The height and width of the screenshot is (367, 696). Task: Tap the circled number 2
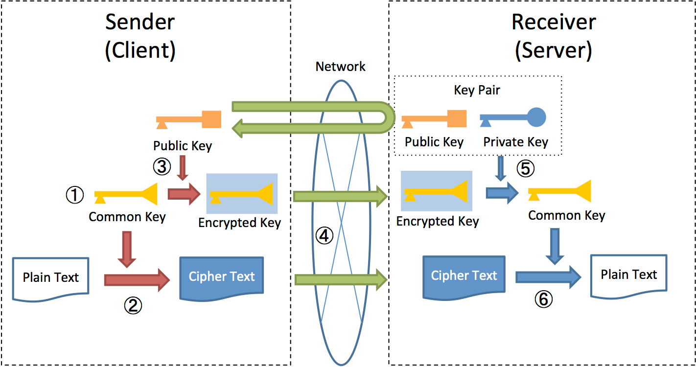132,305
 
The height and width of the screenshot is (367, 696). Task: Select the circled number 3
162,167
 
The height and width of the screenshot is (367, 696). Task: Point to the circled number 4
324,236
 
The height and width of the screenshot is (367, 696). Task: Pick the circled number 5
526,168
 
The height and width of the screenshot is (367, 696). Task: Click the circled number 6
543,299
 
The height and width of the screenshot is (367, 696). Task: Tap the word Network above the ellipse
340,67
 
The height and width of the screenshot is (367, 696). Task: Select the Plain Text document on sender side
50,277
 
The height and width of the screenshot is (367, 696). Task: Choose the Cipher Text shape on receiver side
464,276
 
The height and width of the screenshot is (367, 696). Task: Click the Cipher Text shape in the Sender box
222,277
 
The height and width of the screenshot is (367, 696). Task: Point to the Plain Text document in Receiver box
628,275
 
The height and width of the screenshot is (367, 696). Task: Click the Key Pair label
477,91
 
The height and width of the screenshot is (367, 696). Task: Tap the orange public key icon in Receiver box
434,119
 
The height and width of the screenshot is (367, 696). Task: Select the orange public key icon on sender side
189,119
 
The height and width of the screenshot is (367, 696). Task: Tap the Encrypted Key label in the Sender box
239,223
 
